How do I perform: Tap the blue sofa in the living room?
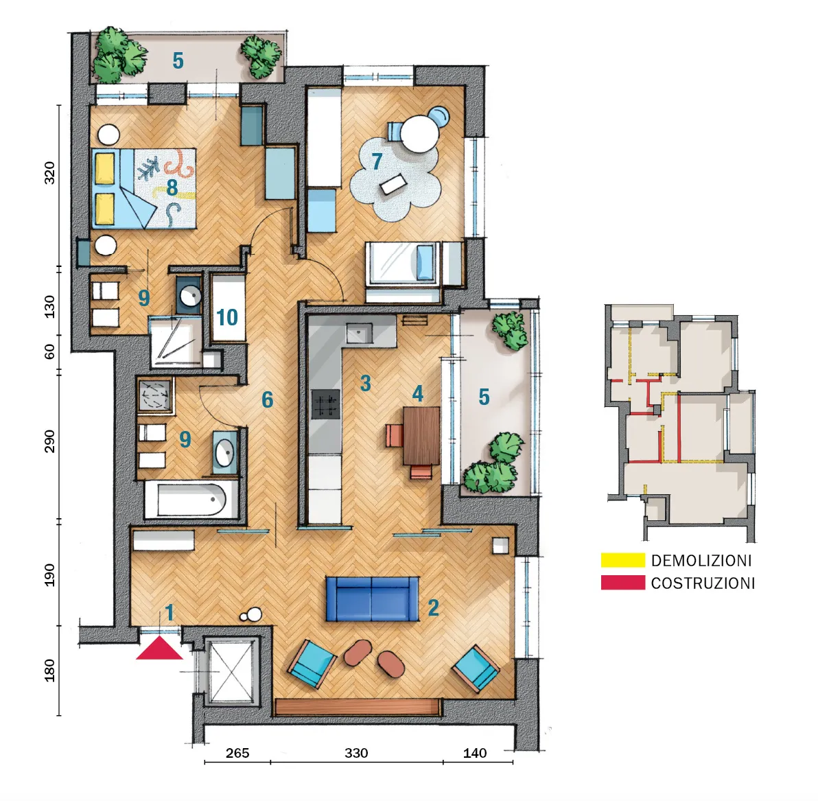click(x=372, y=599)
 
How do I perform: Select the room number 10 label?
click(x=227, y=317)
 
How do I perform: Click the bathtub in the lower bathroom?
click(x=191, y=500)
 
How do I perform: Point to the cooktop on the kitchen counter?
click(x=325, y=404)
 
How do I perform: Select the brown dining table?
click(x=421, y=436)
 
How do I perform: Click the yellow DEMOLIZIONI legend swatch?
click(x=623, y=560)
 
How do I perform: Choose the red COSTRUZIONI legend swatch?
click(x=623, y=582)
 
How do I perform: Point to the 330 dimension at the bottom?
click(x=356, y=753)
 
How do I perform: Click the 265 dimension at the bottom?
click(x=237, y=753)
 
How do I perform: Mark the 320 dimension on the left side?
click(x=49, y=172)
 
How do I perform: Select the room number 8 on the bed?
click(x=172, y=187)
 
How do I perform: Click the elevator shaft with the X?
click(x=230, y=671)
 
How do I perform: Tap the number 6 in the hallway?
click(x=267, y=399)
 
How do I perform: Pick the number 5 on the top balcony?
click(x=178, y=61)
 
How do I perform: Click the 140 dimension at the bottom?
click(x=475, y=753)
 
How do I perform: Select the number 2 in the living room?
click(x=433, y=607)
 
